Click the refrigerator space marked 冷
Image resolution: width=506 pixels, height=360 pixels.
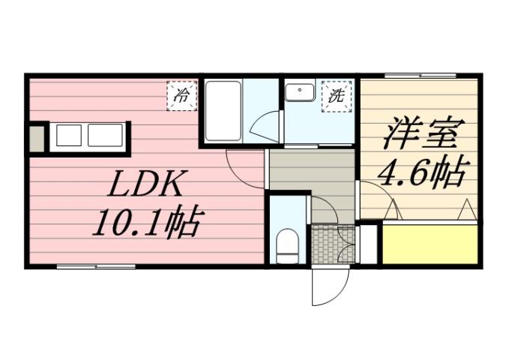pos(181,95)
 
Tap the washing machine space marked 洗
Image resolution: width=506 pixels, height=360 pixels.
pos(337,95)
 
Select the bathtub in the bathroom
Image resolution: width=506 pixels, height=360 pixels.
pos(223,111)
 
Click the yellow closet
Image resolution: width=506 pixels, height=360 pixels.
pos(430,243)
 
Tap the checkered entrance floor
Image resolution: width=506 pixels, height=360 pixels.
pos(325,244)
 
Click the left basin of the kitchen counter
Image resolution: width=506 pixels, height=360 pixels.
pos(68,136)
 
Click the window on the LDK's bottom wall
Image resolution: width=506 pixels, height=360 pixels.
pos(96,265)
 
